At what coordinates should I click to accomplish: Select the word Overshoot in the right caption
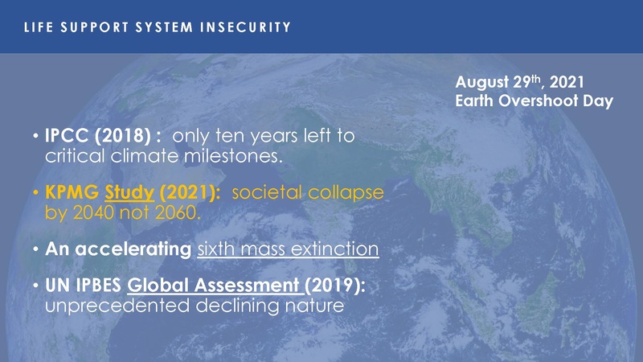click(550, 102)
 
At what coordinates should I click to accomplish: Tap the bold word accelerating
click(136, 249)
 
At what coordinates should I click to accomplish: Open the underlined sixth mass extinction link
click(289, 249)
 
